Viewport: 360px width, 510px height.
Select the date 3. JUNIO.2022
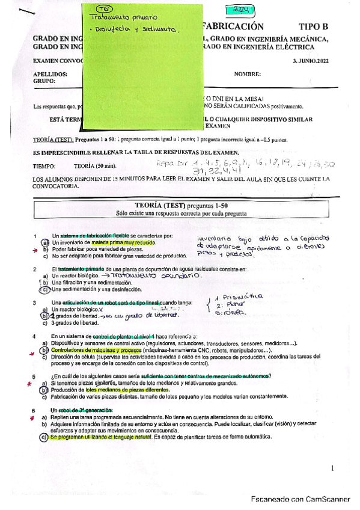pos(310,61)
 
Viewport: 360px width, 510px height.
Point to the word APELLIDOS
pos(50,73)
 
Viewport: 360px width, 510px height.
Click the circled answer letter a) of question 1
pos(44,242)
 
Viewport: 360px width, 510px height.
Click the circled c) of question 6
pos(44,438)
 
